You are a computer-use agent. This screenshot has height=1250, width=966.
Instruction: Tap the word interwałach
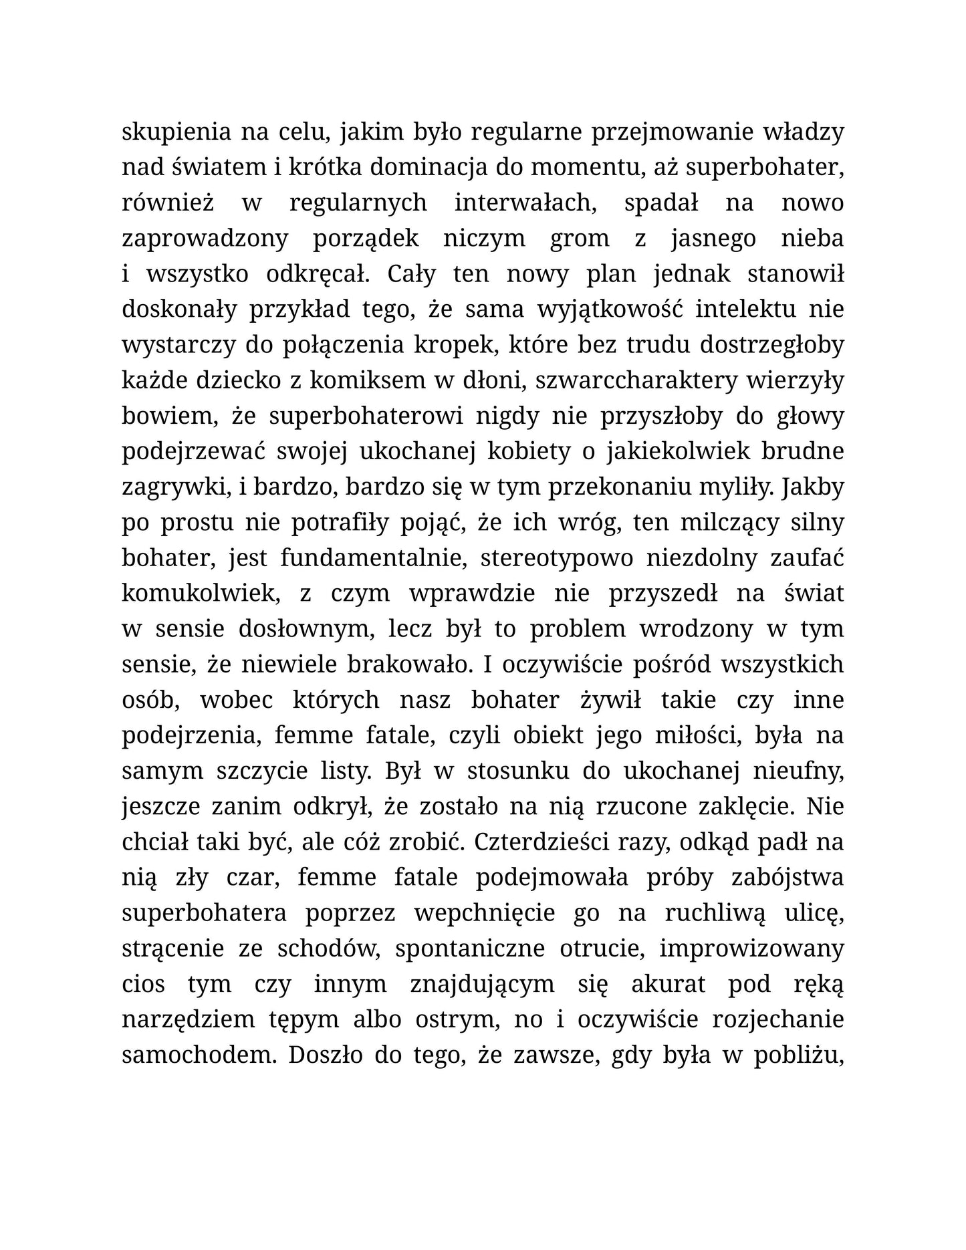(x=525, y=203)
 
